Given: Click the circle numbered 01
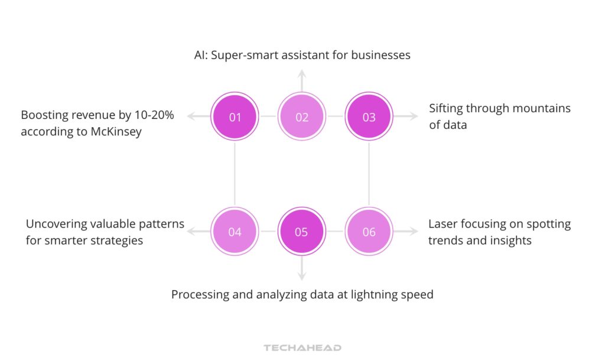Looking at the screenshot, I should coord(235,117).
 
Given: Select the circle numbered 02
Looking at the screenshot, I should coord(302,117).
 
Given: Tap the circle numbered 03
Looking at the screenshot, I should coord(369,117).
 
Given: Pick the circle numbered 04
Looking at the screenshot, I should coord(235,232).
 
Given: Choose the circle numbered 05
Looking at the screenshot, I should coord(302,232).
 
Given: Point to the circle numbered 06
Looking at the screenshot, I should coord(369,232).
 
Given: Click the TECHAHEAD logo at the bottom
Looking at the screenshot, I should coord(302,348).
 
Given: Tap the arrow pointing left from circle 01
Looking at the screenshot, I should coord(197,117).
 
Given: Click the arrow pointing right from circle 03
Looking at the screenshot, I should coord(407,117).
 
